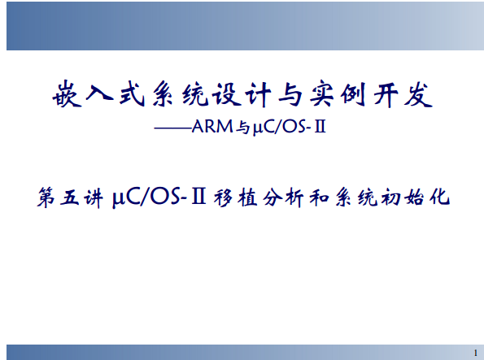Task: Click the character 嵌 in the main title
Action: (68, 93)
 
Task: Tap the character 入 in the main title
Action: (98, 93)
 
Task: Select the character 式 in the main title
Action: (132, 93)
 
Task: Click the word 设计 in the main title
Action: (242, 93)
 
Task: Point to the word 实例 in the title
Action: (338, 93)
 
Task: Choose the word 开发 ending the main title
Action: (403, 93)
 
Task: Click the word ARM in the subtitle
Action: (212, 127)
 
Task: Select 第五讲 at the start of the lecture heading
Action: (70, 197)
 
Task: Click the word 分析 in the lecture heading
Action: (283, 197)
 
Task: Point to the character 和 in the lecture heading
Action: (319, 197)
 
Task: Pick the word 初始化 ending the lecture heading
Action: (416, 197)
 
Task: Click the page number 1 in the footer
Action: (476, 353)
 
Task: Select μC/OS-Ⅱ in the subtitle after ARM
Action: (290, 127)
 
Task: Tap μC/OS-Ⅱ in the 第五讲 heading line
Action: (159, 197)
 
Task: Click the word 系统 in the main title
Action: (181, 93)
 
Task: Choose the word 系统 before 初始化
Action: (356, 197)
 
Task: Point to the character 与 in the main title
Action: (290, 93)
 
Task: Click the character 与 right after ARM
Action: (243, 128)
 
